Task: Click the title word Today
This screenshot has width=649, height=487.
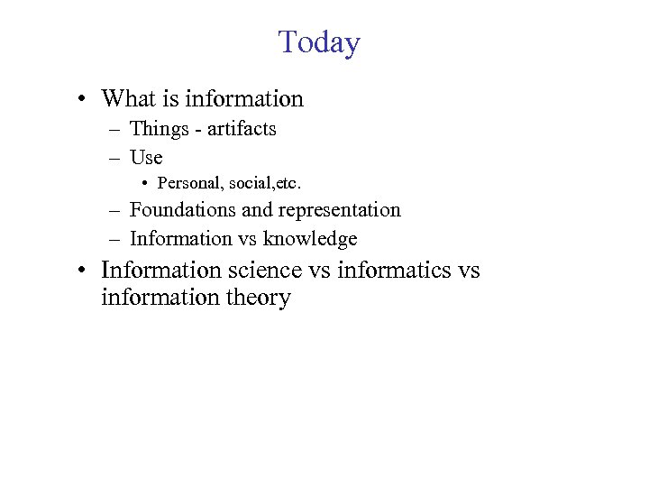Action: [319, 42]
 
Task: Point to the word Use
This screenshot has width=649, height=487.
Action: [146, 158]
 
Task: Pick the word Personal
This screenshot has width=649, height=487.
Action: [190, 183]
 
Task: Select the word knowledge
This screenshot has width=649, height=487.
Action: [310, 239]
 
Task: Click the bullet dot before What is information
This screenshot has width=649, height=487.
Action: [82, 98]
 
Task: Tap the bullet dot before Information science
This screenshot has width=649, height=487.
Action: [82, 271]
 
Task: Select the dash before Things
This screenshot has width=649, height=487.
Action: [115, 130]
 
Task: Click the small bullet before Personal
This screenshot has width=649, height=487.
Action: [144, 184]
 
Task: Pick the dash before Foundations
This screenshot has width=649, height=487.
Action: [115, 211]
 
